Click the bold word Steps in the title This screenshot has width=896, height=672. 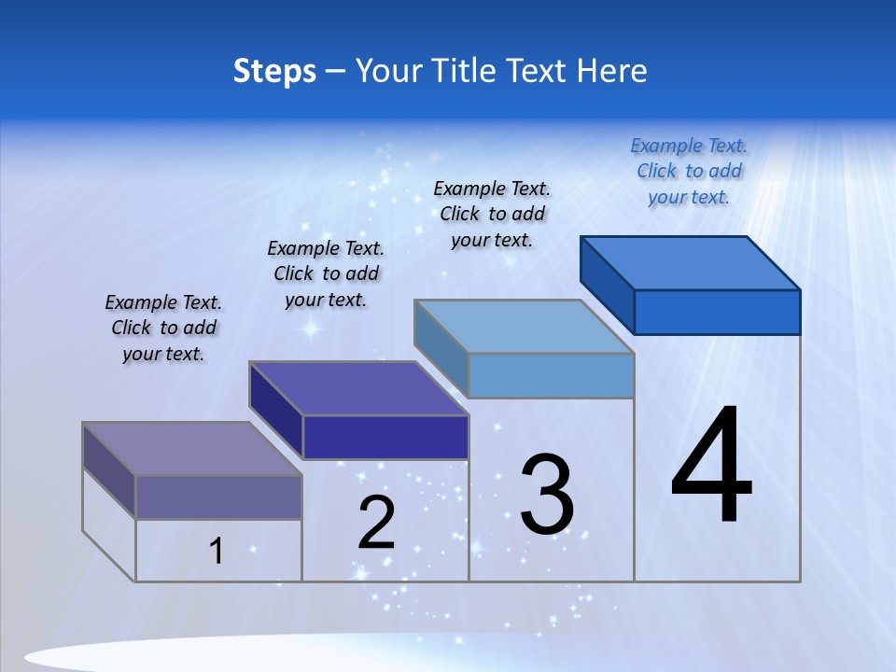pos(274,71)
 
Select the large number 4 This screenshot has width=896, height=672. pos(711,466)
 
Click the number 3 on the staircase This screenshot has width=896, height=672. pos(547,495)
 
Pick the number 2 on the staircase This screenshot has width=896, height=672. pos(377,523)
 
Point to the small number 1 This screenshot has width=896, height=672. pos(217,551)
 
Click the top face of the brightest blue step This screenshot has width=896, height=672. pos(691,262)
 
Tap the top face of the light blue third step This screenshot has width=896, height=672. pos(525,326)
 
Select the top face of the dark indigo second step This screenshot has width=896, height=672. pos(358,388)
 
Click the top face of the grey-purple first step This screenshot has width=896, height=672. pos(192,449)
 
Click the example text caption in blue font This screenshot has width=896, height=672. pos(689,171)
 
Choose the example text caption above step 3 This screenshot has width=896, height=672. pos(492,214)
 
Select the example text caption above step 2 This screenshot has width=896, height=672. pos(326,273)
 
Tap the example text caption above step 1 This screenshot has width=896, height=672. pos(163,328)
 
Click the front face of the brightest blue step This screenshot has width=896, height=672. pos(717,312)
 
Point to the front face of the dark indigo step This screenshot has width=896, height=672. pos(385,437)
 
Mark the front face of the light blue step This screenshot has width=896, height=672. pos(551,375)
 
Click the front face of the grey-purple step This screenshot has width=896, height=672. pos(218,497)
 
